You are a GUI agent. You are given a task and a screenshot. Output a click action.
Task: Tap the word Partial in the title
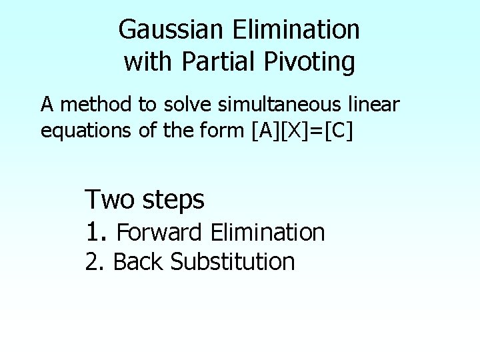[221, 62]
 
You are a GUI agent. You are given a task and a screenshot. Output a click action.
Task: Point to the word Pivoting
[309, 63]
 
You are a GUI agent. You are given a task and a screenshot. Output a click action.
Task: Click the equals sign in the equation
[316, 131]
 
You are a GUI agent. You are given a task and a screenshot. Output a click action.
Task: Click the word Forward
[160, 233]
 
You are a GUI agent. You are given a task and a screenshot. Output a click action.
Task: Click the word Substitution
[233, 262]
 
